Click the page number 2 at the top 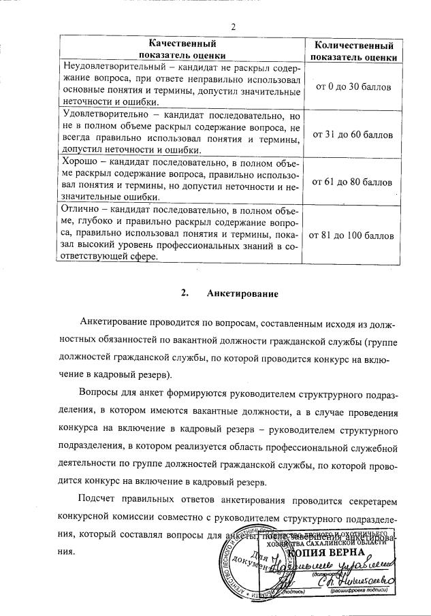(233, 28)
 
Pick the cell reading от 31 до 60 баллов (353, 135)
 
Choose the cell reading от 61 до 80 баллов (353, 182)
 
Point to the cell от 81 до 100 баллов (353, 236)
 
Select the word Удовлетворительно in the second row (103, 114)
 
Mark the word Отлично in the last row (81, 210)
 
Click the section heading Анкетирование (234, 293)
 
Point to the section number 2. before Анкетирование (185, 293)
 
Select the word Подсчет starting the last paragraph (99, 500)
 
